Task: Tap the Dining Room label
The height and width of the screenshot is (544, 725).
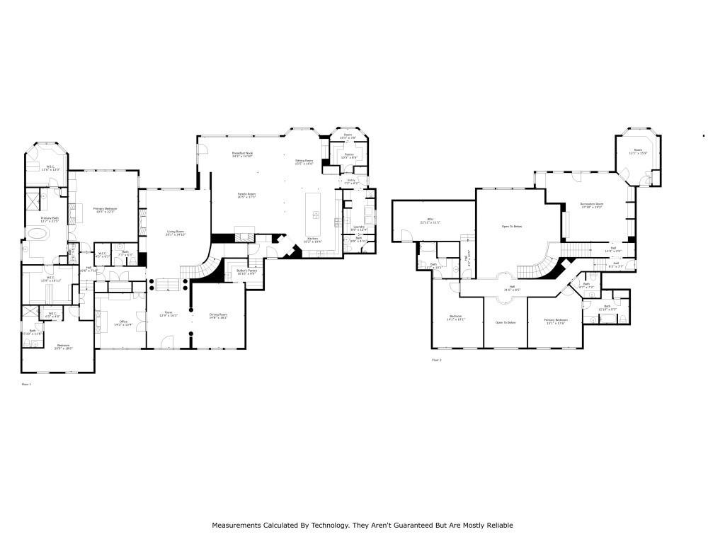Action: (x=218, y=316)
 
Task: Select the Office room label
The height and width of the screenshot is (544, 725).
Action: (x=123, y=323)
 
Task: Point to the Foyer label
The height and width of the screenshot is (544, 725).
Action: (x=169, y=313)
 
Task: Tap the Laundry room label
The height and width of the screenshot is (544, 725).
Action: (x=359, y=228)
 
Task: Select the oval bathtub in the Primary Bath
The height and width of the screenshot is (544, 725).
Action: (x=37, y=234)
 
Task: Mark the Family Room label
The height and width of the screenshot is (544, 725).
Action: (x=246, y=195)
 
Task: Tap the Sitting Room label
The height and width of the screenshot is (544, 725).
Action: (x=304, y=161)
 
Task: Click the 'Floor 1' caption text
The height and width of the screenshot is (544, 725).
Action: (x=27, y=384)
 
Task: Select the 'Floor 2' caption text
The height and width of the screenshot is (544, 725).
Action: (x=437, y=360)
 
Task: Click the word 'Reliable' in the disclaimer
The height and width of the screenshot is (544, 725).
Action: (x=497, y=526)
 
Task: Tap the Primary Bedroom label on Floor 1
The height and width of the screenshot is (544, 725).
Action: (x=105, y=210)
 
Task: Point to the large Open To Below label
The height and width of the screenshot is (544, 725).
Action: (x=511, y=227)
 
